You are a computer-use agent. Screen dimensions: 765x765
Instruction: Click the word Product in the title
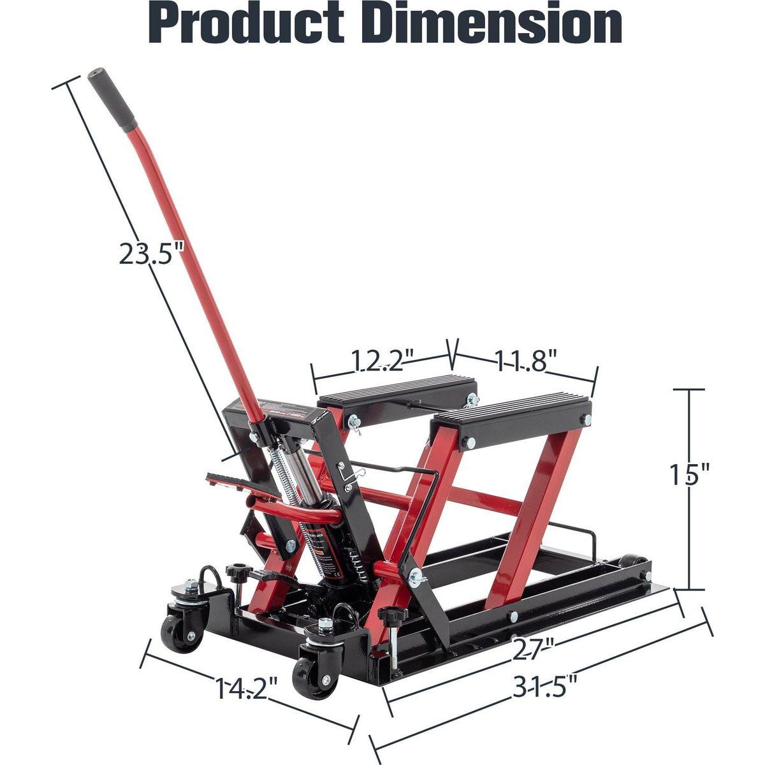(x=256, y=24)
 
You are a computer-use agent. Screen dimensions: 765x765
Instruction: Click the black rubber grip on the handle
(x=105, y=99)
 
